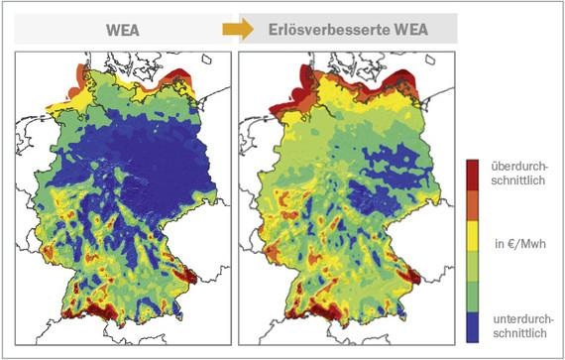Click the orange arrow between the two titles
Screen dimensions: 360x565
(x=238, y=30)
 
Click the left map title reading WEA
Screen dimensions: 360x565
(x=122, y=30)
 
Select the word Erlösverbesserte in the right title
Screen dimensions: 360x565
(x=327, y=30)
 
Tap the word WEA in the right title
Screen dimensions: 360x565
(x=405, y=30)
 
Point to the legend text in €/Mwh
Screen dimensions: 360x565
(x=514, y=241)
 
